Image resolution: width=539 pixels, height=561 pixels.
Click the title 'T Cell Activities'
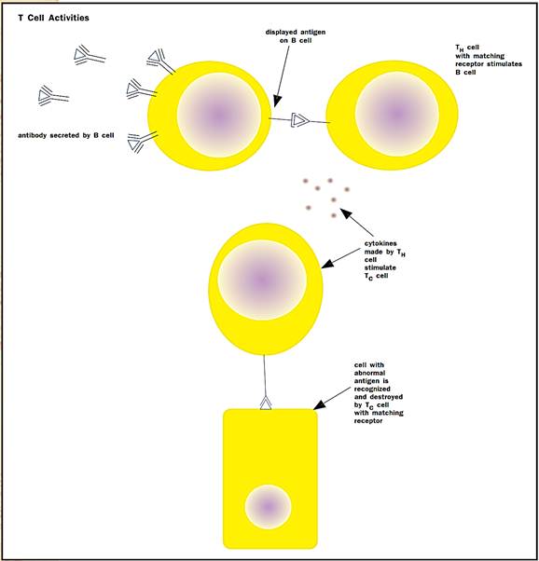click(53, 18)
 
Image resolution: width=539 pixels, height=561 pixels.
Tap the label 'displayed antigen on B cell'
click(296, 36)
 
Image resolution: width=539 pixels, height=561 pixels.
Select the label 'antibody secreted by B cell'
click(66, 135)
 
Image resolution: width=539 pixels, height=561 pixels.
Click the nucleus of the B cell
click(219, 116)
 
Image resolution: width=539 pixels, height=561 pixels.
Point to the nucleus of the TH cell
click(397, 114)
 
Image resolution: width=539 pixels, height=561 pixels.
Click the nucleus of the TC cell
click(262, 280)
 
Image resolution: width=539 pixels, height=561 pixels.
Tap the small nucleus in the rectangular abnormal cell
click(268, 507)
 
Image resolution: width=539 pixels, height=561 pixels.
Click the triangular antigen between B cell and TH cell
click(299, 120)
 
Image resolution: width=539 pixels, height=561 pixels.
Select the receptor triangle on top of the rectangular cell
click(266, 403)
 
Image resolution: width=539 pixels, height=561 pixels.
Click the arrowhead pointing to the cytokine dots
click(346, 214)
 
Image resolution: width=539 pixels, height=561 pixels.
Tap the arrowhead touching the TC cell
click(327, 264)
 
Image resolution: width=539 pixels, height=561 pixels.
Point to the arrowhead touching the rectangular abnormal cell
click(320, 404)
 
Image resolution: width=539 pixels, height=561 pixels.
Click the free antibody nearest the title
click(90, 56)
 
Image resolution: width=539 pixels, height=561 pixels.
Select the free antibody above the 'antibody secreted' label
click(53, 96)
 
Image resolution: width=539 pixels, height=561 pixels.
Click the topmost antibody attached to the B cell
click(160, 61)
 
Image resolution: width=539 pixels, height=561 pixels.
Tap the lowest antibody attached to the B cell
click(142, 142)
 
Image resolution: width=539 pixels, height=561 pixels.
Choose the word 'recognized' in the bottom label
click(372, 389)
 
